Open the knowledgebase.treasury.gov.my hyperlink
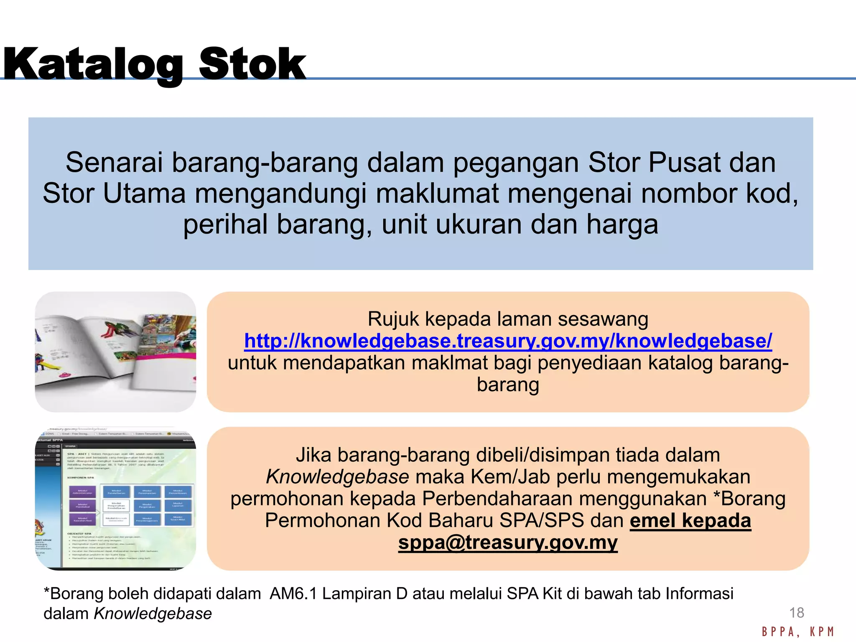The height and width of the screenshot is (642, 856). click(508, 341)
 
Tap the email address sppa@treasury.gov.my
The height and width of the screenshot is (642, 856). click(508, 542)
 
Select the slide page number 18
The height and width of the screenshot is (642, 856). click(796, 613)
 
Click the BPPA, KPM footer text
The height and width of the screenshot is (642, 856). click(797, 632)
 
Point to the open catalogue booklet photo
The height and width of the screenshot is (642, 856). click(115, 352)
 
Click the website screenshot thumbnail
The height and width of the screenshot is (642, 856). click(115, 498)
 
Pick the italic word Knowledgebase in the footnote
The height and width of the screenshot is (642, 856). click(153, 614)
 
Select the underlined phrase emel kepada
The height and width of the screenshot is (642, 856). click(690, 520)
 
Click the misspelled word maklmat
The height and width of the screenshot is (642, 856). click(449, 362)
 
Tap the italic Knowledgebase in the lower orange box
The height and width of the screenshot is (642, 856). click(337, 477)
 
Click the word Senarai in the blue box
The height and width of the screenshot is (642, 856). click(114, 163)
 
